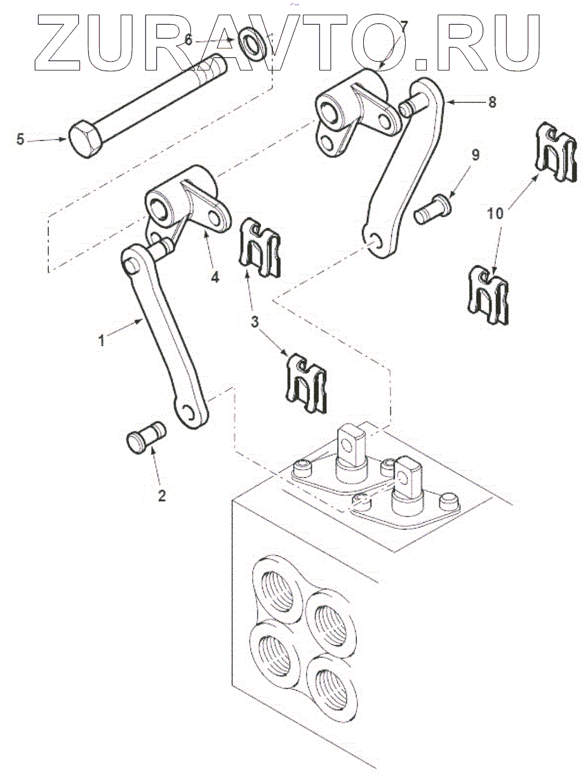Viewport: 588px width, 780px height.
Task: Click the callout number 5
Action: pos(20,139)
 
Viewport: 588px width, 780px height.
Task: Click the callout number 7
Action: pos(404,27)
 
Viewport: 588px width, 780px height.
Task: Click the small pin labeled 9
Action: pos(431,209)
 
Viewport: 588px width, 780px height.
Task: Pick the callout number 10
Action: pos(497,214)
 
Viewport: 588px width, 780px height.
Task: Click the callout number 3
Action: pos(255,322)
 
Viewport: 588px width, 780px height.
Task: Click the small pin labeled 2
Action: pos(146,436)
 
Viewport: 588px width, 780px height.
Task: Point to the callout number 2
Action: pos(161,495)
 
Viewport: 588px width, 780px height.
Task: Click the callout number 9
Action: pos(476,155)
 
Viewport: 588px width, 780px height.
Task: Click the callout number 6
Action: pos(188,39)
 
